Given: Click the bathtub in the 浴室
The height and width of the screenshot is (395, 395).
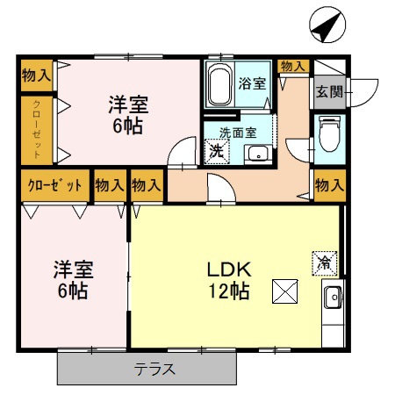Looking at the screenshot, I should point(220,84).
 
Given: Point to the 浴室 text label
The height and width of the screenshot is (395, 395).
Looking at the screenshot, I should point(253,83).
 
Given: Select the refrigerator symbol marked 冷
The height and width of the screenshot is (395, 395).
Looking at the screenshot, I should point(324,261).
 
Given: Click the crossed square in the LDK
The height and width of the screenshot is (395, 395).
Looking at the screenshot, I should point(285,291).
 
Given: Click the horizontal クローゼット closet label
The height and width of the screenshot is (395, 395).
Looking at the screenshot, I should point(54,186).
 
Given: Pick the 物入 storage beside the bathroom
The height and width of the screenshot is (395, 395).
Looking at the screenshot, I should point(292,66).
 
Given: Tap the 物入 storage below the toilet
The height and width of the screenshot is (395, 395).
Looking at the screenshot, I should point(328,185).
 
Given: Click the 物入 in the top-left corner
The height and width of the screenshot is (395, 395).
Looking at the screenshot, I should point(37,75).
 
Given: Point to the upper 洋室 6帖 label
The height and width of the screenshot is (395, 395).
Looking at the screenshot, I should point(128,113).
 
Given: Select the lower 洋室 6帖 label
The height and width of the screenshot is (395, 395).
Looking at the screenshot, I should point(73,278).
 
